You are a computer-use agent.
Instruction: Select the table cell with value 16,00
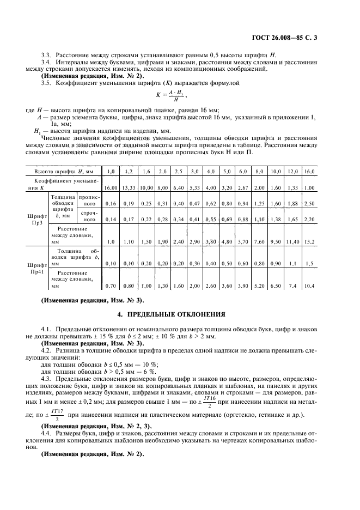[111, 187]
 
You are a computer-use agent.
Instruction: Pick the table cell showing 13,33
[129, 187]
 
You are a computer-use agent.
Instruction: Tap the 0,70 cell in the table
[111, 285]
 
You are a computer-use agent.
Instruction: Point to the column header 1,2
[129, 172]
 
